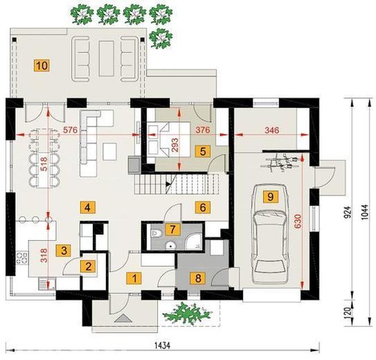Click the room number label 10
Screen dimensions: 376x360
click(42, 66)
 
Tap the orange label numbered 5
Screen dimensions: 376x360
click(203, 151)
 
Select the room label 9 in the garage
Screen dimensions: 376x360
click(271, 197)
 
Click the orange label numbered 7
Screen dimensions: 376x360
click(172, 230)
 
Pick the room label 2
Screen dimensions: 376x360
click(88, 266)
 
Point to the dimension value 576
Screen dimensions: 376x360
click(70, 130)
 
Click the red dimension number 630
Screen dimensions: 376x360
click(298, 221)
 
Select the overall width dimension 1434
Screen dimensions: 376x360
click(163, 346)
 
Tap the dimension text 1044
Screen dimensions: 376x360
click(364, 213)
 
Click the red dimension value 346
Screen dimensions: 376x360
click(272, 130)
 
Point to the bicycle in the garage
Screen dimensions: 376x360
click(280, 163)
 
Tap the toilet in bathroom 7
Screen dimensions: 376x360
click(156, 233)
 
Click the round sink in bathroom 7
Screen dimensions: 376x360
click(170, 245)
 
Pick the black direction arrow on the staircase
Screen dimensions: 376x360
click(169, 184)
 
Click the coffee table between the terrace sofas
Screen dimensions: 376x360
click(106, 58)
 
